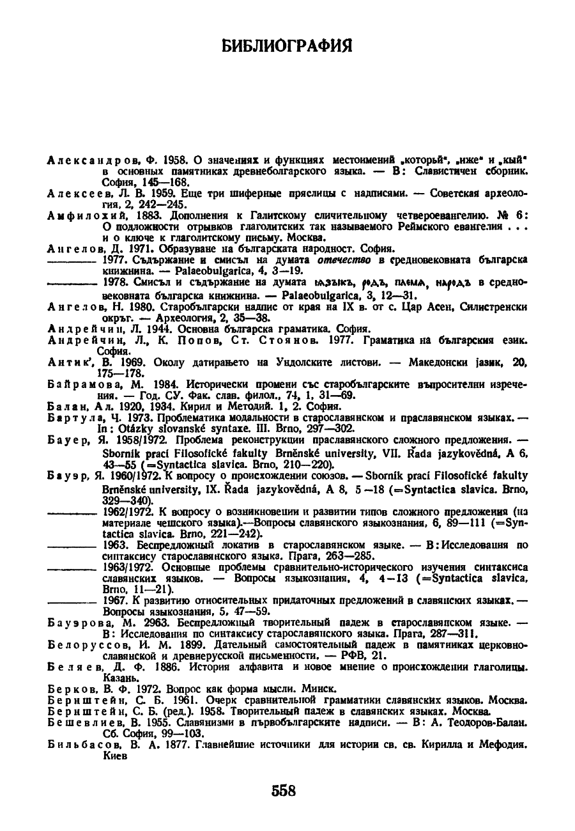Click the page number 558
[284, 790]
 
